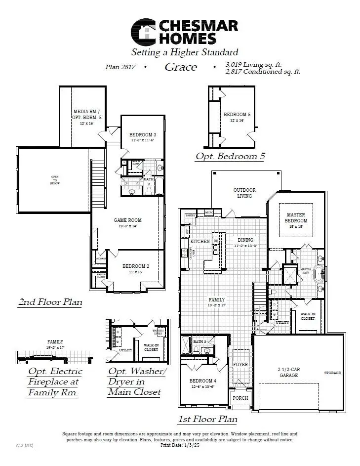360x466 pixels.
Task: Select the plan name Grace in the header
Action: (181, 67)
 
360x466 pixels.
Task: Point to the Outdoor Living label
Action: (244, 193)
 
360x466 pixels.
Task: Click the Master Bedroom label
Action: (296, 217)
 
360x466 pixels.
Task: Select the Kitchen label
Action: (200, 242)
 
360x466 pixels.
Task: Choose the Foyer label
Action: (240, 365)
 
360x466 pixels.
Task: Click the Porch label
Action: (240, 398)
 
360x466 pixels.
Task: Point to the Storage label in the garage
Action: (332, 373)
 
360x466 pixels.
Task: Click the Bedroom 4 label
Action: (202, 381)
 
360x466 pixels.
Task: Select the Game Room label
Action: (128, 220)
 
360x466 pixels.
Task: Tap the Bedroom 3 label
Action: (143, 135)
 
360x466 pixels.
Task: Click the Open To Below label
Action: (55, 180)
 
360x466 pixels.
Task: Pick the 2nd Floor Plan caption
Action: (50, 301)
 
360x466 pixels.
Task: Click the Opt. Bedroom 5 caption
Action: (230, 156)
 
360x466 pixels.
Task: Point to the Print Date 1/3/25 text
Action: (180, 445)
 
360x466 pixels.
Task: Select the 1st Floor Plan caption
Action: (207, 419)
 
